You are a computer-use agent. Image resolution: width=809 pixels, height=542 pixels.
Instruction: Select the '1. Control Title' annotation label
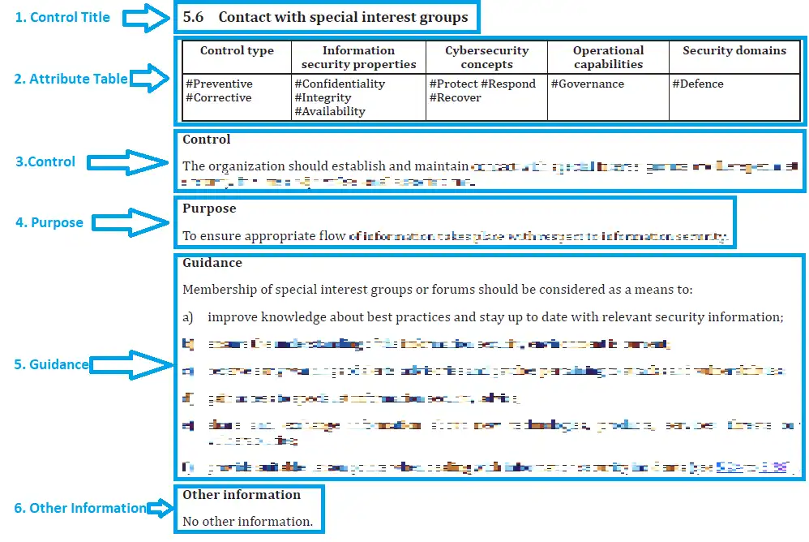coord(63,17)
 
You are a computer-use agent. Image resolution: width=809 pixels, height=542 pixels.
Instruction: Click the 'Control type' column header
coord(237,50)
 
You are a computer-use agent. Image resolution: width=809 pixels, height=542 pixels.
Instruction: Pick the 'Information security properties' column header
coord(358,57)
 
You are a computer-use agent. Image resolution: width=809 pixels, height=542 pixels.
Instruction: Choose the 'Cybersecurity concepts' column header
coord(486,57)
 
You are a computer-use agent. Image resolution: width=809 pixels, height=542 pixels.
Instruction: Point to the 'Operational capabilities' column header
coord(608,57)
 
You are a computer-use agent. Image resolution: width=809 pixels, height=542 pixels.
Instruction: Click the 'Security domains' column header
coord(734,50)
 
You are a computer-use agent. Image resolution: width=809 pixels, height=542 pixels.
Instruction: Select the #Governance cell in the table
coord(588,84)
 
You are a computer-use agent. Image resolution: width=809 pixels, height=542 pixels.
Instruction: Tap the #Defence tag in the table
coord(698,84)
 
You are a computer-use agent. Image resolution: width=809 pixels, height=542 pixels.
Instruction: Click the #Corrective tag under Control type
coord(219,97)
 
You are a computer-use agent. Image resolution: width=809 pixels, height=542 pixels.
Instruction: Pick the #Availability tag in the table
coord(330,111)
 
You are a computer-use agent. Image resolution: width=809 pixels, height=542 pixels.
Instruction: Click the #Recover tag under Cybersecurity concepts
coord(455,97)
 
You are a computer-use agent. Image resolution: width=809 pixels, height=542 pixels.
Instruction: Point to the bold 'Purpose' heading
coord(209,209)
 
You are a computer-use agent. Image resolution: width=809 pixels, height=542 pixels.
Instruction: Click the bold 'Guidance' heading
coord(212,263)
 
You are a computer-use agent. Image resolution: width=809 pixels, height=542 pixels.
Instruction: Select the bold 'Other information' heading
coord(242,495)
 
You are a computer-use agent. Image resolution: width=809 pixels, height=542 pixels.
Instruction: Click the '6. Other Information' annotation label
coord(80,508)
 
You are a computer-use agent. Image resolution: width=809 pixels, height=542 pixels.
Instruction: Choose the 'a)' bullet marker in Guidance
coord(188,317)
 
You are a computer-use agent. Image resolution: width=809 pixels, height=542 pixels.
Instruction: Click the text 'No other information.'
coord(247,521)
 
